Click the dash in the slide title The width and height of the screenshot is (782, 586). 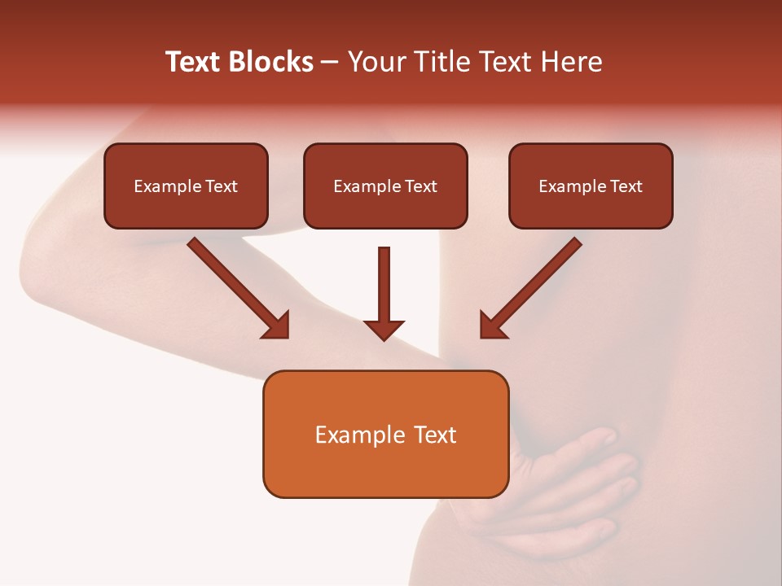[x=331, y=63]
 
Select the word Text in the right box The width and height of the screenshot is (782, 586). [x=626, y=186]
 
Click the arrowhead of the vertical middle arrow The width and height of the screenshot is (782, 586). [x=384, y=329]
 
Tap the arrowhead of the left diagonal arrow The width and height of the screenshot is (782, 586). [x=277, y=326]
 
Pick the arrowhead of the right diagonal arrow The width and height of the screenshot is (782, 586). [x=492, y=326]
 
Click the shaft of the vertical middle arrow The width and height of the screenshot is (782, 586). [x=384, y=281]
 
